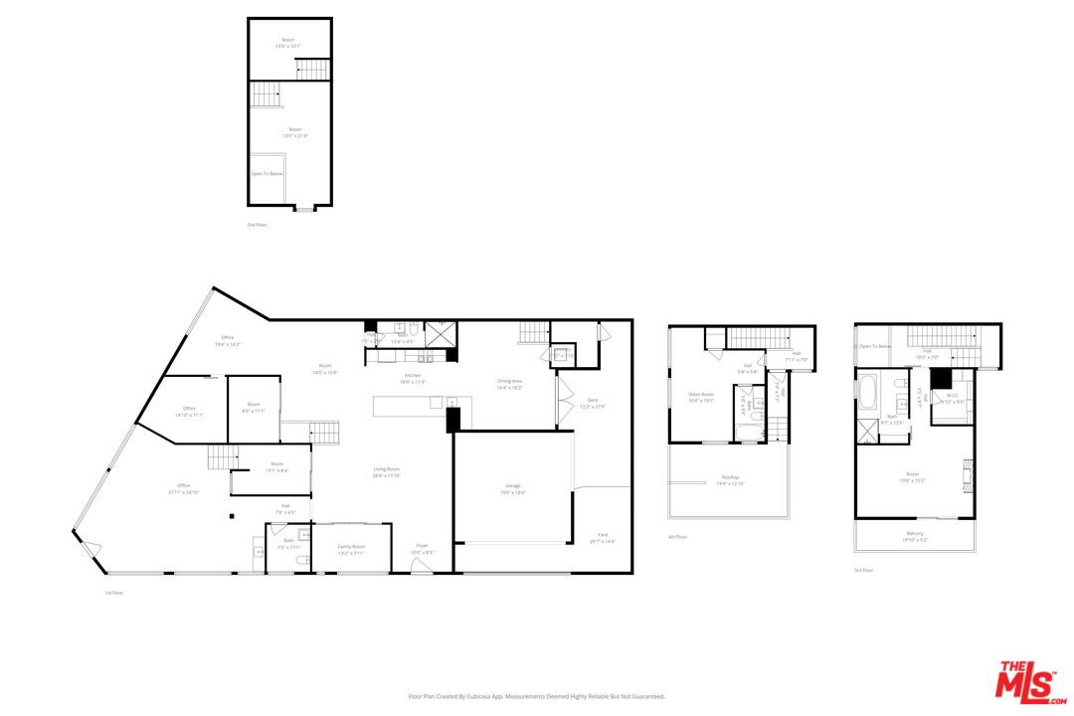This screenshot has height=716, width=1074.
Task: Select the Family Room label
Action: (x=351, y=548)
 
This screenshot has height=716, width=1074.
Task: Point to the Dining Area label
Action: (x=509, y=383)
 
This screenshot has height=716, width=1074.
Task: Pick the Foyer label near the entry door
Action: (x=423, y=549)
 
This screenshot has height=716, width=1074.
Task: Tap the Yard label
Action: (x=603, y=538)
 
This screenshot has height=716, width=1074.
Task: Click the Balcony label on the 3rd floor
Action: (x=915, y=535)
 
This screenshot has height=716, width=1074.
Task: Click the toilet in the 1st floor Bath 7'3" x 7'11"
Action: (x=303, y=561)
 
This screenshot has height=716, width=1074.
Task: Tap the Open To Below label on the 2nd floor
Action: (x=266, y=174)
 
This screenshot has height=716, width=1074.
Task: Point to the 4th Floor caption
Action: (x=677, y=537)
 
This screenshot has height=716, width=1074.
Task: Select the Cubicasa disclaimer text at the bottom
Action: (x=537, y=697)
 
